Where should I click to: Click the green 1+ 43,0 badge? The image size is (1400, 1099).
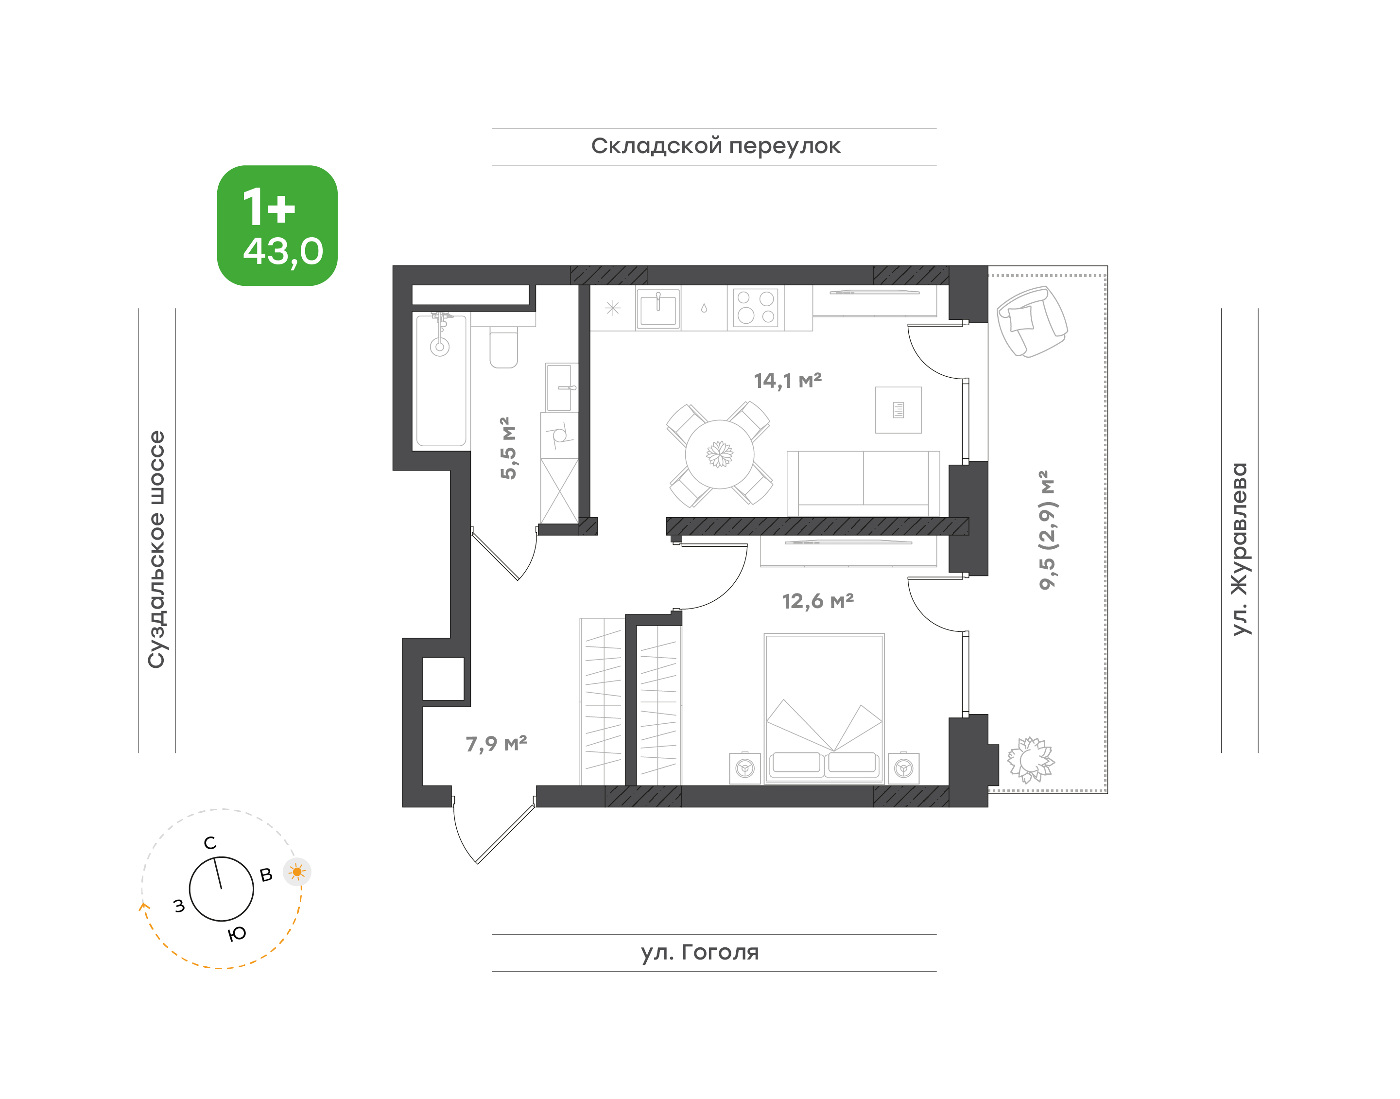click(x=277, y=226)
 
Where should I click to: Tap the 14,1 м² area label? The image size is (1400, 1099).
click(x=788, y=381)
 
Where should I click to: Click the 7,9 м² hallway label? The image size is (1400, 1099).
click(x=496, y=744)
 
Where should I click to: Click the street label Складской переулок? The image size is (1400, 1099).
click(x=715, y=146)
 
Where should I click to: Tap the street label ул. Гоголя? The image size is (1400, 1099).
click(x=699, y=952)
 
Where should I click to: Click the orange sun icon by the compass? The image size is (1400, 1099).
click(x=296, y=872)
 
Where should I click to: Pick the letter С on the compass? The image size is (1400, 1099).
click(x=210, y=843)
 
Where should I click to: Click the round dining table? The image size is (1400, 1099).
click(x=719, y=454)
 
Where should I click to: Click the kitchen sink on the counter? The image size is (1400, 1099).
click(x=658, y=309)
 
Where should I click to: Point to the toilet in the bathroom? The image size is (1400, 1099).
click(x=504, y=347)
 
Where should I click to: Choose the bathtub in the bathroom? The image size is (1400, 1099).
click(x=441, y=380)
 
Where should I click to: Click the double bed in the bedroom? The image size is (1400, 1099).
click(x=824, y=708)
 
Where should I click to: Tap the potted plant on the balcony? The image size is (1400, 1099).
click(x=1030, y=760)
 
